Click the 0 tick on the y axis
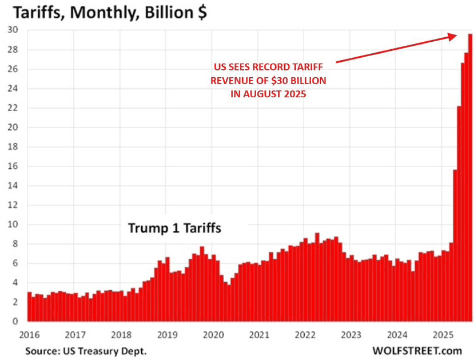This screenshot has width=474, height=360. tap(14, 322)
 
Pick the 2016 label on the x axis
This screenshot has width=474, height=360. tap(29, 334)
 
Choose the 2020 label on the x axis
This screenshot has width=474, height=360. tap(213, 334)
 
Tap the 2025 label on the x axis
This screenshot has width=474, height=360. tap(443, 334)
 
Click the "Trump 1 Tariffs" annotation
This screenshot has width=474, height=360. tap(174, 228)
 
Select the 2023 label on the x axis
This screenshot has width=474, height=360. tap(352, 334)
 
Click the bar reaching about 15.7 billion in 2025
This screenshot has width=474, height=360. tap(455, 246)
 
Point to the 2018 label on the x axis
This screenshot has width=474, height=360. tap(121, 334)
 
